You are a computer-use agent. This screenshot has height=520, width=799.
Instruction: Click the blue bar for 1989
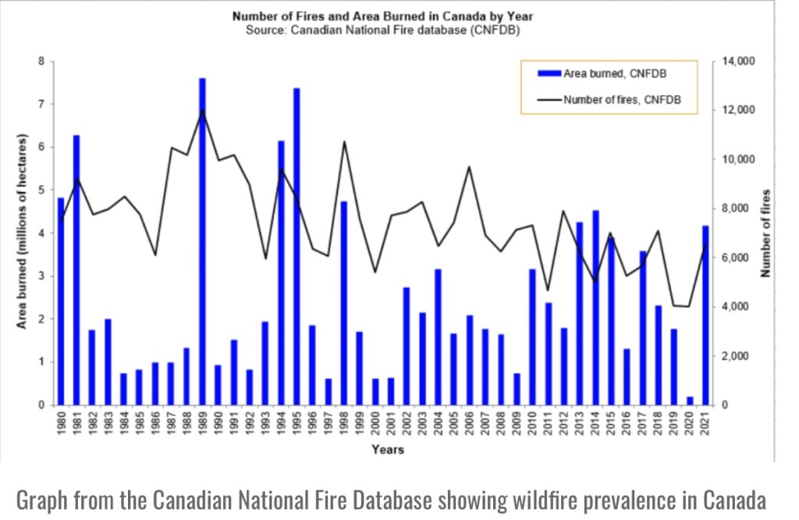click(x=202, y=242)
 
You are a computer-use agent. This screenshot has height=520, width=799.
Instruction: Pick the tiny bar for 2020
click(x=690, y=401)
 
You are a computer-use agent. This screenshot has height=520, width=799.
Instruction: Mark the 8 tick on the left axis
click(x=41, y=61)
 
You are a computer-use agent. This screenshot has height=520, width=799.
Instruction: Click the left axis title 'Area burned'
click(x=23, y=234)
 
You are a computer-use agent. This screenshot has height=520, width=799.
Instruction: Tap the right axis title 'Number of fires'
click(x=766, y=233)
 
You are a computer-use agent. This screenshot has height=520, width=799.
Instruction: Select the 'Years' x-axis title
click(x=387, y=450)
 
